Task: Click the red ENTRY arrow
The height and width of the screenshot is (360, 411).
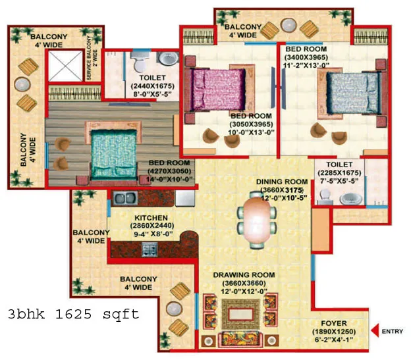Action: (x=375, y=330)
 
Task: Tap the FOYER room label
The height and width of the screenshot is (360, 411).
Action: (x=334, y=323)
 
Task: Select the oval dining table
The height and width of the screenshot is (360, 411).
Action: (x=257, y=220)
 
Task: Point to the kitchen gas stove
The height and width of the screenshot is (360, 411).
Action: (x=150, y=249)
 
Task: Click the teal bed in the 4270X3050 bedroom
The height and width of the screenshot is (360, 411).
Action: (x=114, y=155)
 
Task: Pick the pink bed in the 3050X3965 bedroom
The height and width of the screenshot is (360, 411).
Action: (x=218, y=89)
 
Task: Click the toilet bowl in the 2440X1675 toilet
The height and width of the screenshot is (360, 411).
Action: (x=140, y=61)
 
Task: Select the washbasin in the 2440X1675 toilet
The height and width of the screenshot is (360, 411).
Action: (x=168, y=59)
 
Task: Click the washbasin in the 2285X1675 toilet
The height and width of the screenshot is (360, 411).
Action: (x=351, y=199)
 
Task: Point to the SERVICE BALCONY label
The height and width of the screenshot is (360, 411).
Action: (x=92, y=58)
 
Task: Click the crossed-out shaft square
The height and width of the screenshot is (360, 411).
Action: (x=65, y=66)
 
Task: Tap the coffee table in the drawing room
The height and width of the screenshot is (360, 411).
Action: (x=241, y=314)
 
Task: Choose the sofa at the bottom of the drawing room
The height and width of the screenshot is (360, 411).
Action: (x=240, y=340)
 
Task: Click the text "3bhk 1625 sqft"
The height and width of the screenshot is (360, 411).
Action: (x=74, y=314)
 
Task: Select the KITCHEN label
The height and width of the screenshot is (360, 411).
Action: (x=151, y=218)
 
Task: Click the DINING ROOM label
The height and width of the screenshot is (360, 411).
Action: (x=282, y=182)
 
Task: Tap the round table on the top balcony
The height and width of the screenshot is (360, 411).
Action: (x=288, y=26)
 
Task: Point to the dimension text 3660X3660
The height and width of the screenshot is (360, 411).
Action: (x=244, y=283)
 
